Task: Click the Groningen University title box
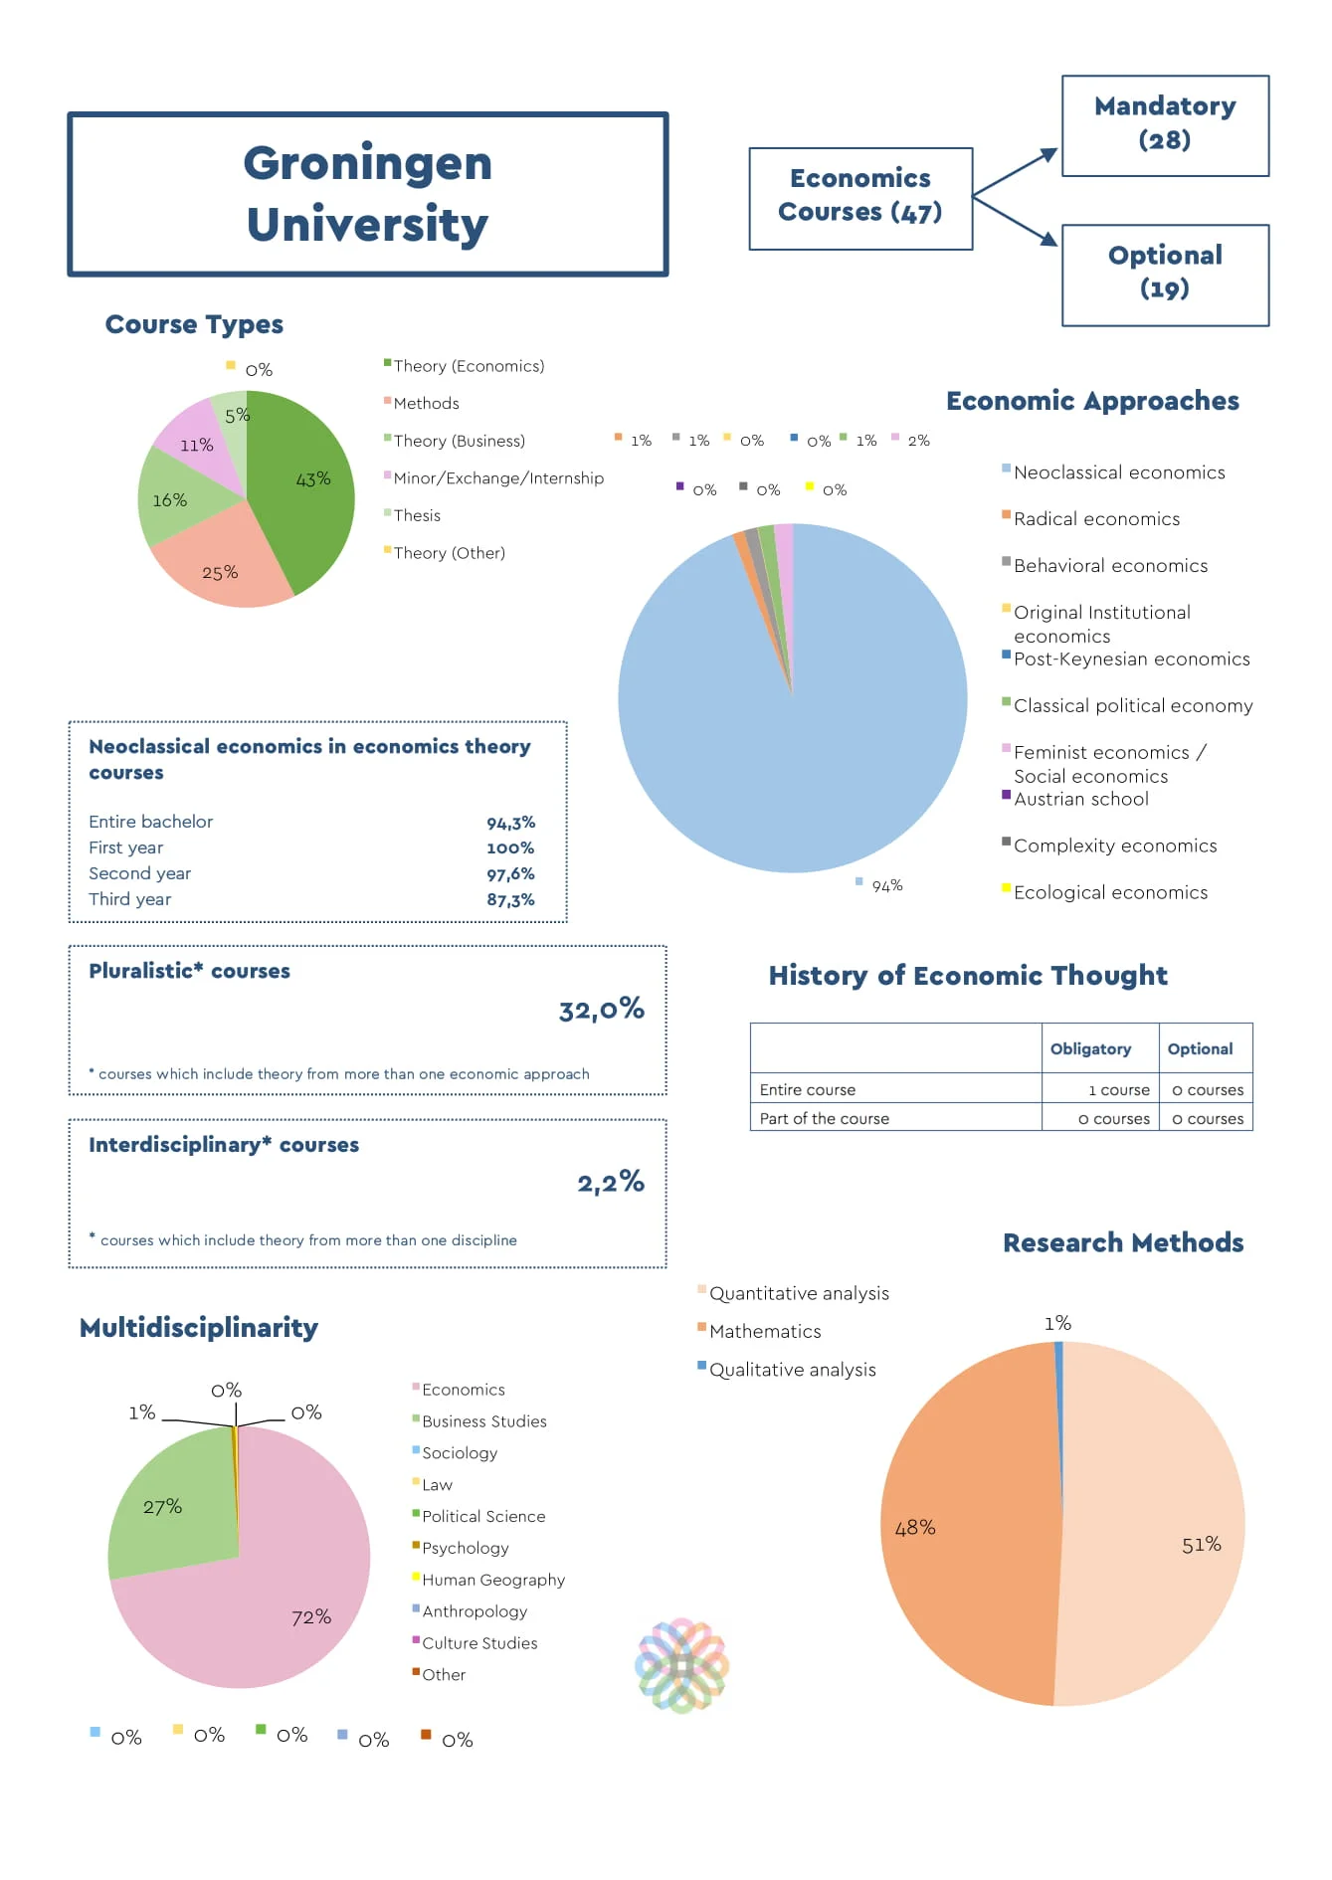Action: pyautogui.click(x=367, y=194)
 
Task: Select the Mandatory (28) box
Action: pyautogui.click(x=1164, y=124)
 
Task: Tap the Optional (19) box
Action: pyautogui.click(x=1164, y=274)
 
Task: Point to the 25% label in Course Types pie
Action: pyautogui.click(x=220, y=573)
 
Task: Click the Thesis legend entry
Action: pyautogui.click(x=416, y=515)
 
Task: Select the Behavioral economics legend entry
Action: pyautogui.click(x=1109, y=565)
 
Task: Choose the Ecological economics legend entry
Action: pyautogui.click(x=1109, y=892)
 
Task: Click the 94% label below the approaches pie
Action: pyautogui.click(x=886, y=885)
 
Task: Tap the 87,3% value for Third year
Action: pyautogui.click(x=510, y=899)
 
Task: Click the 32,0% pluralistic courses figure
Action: pyautogui.click(x=601, y=1010)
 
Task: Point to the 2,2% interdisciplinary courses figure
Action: pyautogui.click(x=610, y=1182)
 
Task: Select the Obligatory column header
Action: pyautogui.click(x=1090, y=1048)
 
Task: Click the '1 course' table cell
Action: pyautogui.click(x=1118, y=1090)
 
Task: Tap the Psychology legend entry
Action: pyautogui.click(x=465, y=1548)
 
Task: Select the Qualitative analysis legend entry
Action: pyautogui.click(x=792, y=1370)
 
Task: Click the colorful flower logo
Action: pyautogui.click(x=681, y=1664)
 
